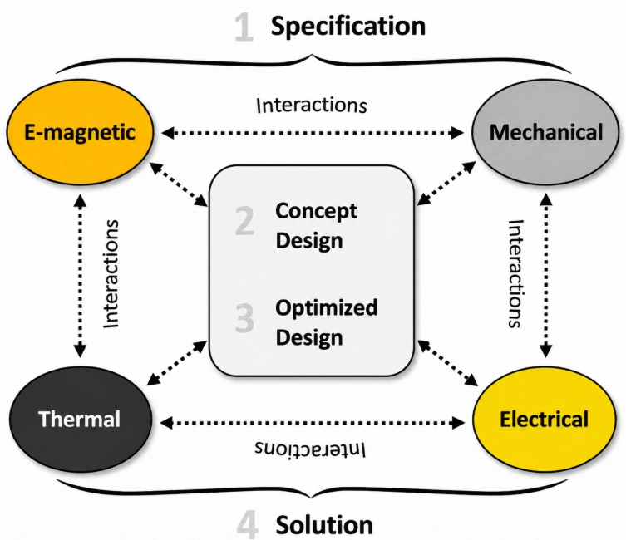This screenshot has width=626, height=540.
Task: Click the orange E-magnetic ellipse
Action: tap(80, 132)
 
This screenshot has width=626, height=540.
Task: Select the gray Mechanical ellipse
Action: tap(545, 132)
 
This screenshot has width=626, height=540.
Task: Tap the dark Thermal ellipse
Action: tap(81, 419)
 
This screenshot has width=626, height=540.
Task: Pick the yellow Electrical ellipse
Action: tap(545, 419)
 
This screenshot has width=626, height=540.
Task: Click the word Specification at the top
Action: tap(348, 27)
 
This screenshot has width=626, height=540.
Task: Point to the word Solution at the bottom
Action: tap(324, 525)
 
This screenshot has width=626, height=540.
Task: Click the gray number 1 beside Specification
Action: tap(244, 27)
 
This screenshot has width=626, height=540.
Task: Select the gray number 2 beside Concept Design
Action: tap(244, 220)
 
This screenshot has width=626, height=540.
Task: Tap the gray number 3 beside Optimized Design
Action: tap(244, 318)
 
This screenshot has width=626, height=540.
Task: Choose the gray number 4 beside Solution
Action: tap(247, 525)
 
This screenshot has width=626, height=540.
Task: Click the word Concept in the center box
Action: tap(316, 211)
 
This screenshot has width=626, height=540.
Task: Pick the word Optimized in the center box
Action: tap(327, 308)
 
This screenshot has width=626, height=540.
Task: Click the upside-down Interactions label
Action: tap(310, 449)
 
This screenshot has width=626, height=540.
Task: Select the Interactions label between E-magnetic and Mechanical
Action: tap(312, 106)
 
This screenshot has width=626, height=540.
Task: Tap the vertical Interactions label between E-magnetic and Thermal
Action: tap(111, 273)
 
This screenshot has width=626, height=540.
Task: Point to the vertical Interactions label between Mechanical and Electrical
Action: tap(515, 273)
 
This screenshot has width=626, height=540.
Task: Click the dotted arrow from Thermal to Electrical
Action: tap(313, 422)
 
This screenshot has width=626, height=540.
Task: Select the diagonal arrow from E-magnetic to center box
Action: tap(179, 184)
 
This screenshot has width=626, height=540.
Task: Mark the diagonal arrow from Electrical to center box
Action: tap(447, 363)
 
